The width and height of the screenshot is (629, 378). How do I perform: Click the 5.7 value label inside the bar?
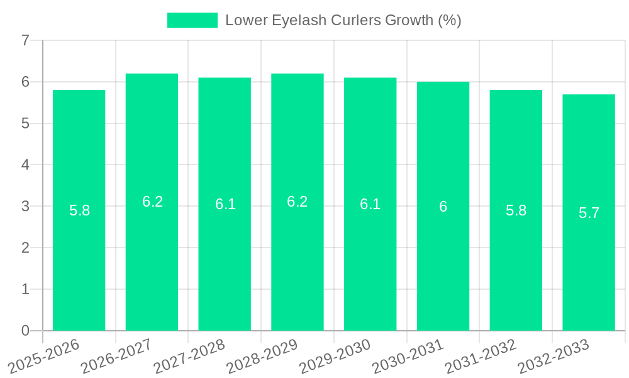(x=589, y=213)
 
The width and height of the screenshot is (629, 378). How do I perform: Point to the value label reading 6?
(x=443, y=207)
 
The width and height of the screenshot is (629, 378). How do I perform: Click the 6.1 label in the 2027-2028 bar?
(x=225, y=204)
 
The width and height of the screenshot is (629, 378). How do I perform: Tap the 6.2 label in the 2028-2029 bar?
(x=297, y=202)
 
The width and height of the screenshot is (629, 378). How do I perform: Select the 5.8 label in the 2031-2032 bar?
(x=516, y=210)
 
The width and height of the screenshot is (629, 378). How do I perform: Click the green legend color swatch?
(x=192, y=20)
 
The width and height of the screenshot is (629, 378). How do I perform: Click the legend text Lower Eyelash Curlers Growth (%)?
(x=343, y=20)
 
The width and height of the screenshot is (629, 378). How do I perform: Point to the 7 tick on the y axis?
(x=25, y=41)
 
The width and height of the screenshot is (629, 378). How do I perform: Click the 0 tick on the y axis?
(x=25, y=331)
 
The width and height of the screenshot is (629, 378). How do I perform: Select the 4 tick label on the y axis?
(x=25, y=165)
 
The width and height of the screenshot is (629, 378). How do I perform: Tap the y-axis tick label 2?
(x=25, y=248)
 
